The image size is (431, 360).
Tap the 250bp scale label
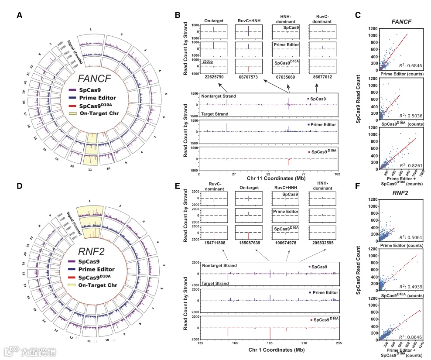point(208,62)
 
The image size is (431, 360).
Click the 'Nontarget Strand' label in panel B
point(219,96)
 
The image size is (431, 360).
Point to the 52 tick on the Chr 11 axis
point(268,174)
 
